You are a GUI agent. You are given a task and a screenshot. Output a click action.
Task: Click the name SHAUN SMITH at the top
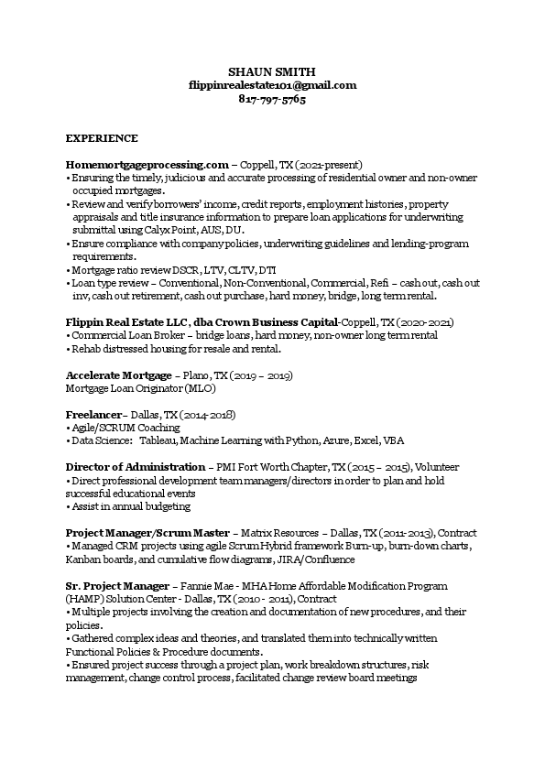point(272,71)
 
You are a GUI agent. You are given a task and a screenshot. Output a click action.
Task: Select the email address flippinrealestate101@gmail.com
point(272,85)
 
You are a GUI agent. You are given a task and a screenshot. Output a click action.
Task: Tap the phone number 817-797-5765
point(272,99)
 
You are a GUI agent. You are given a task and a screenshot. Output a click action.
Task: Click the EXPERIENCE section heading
point(102,138)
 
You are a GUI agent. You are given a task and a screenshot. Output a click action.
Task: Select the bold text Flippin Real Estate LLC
point(126,323)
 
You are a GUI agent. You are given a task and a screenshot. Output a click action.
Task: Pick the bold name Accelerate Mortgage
point(118,375)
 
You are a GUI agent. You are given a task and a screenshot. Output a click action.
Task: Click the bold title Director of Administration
point(136,467)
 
